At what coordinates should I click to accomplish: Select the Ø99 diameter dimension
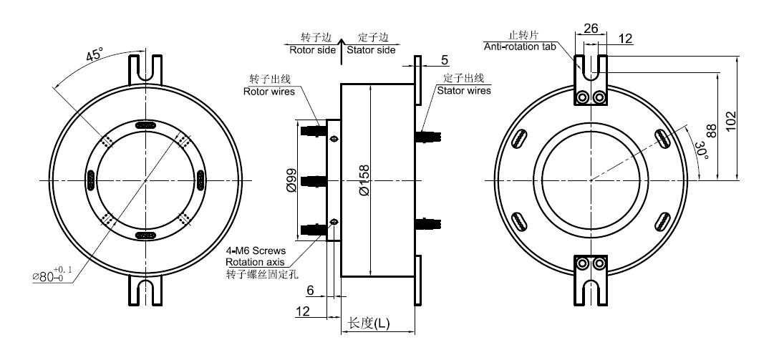pyautogui.click(x=291, y=181)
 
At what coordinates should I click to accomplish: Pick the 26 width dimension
pyautogui.click(x=591, y=29)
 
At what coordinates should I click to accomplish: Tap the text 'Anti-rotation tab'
pyautogui.click(x=518, y=47)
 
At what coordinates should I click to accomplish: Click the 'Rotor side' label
pyautogui.click(x=312, y=50)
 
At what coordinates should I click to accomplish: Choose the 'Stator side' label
pyautogui.click(x=371, y=50)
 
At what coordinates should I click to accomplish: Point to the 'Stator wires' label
pyautogui.click(x=464, y=91)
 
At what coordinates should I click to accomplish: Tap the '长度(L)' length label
pyautogui.click(x=368, y=323)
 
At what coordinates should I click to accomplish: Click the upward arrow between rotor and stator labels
pyautogui.click(x=342, y=44)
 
